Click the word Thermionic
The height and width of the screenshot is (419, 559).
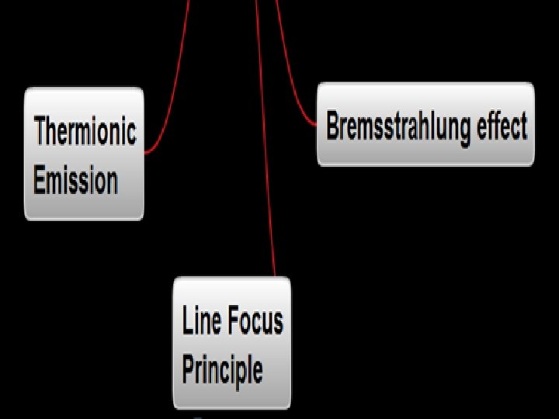[85, 130]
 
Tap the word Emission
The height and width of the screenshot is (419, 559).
[75, 181]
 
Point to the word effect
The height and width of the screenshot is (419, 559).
[502, 125]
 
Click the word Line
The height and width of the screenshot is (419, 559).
[198, 320]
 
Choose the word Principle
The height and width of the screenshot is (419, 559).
[222, 369]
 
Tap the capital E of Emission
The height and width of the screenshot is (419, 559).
[40, 181]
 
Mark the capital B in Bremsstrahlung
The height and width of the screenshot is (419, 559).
[332, 126]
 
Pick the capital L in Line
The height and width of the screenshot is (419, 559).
[187, 320]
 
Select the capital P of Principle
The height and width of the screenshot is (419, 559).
[188, 369]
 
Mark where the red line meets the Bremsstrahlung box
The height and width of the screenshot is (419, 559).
[317, 125]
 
